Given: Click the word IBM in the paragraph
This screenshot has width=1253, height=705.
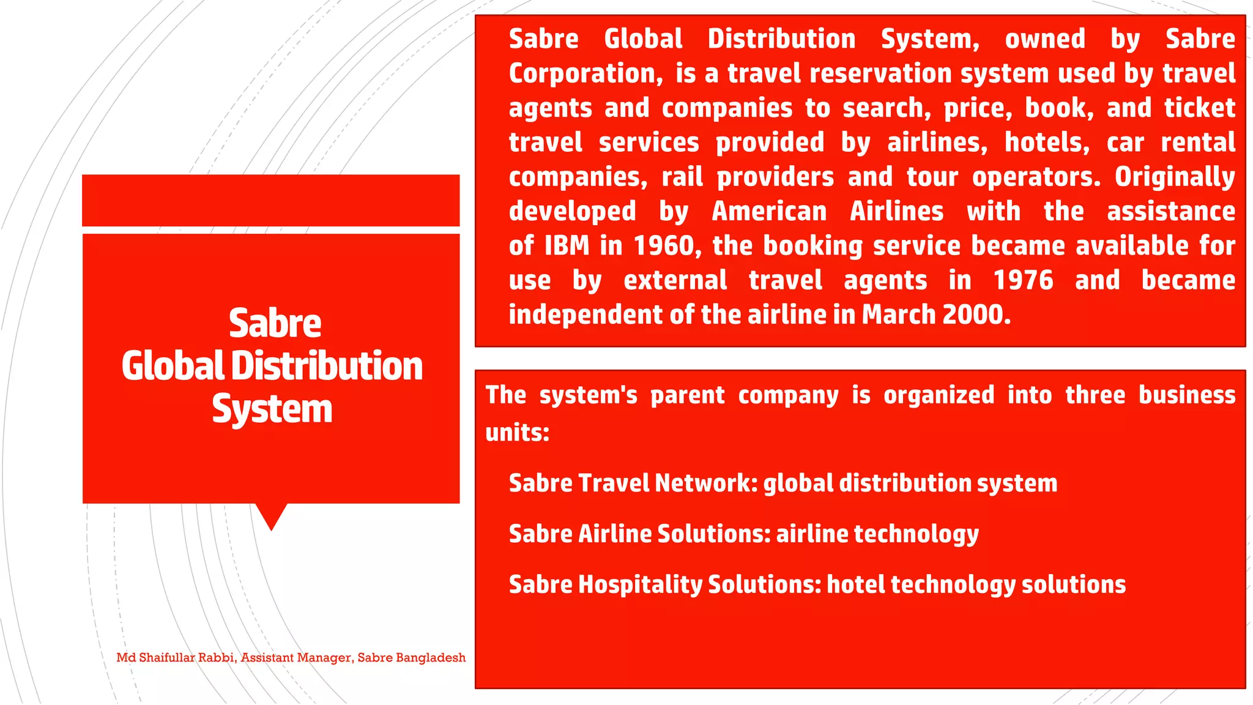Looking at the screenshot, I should (x=567, y=246).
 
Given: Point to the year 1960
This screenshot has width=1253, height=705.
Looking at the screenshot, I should (x=662, y=246).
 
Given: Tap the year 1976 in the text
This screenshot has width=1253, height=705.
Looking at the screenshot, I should (x=1023, y=280).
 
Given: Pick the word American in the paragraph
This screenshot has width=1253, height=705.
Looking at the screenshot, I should (x=769, y=212).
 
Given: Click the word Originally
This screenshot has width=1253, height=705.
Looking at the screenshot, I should (x=1174, y=177).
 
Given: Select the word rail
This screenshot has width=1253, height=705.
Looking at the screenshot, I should (x=682, y=177).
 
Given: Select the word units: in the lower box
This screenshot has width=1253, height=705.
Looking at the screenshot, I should (x=517, y=433).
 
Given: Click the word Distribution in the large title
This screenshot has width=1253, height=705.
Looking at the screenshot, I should (x=327, y=366).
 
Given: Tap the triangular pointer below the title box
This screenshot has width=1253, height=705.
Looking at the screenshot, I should (x=271, y=515).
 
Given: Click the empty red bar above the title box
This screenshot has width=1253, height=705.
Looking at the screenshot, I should (x=270, y=200).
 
